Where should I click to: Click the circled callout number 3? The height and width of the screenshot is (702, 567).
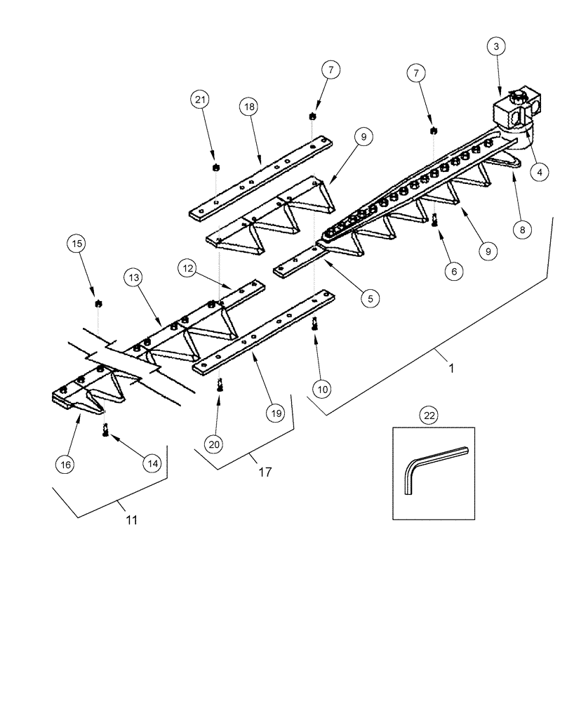tap(496, 47)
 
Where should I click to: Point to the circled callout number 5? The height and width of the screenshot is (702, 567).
tap(371, 298)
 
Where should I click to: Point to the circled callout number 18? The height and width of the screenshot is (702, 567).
tap(248, 107)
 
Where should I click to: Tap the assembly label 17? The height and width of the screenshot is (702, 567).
tap(265, 472)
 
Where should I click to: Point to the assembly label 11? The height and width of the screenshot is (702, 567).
tap(131, 520)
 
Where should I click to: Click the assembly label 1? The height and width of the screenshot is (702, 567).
tap(452, 368)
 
